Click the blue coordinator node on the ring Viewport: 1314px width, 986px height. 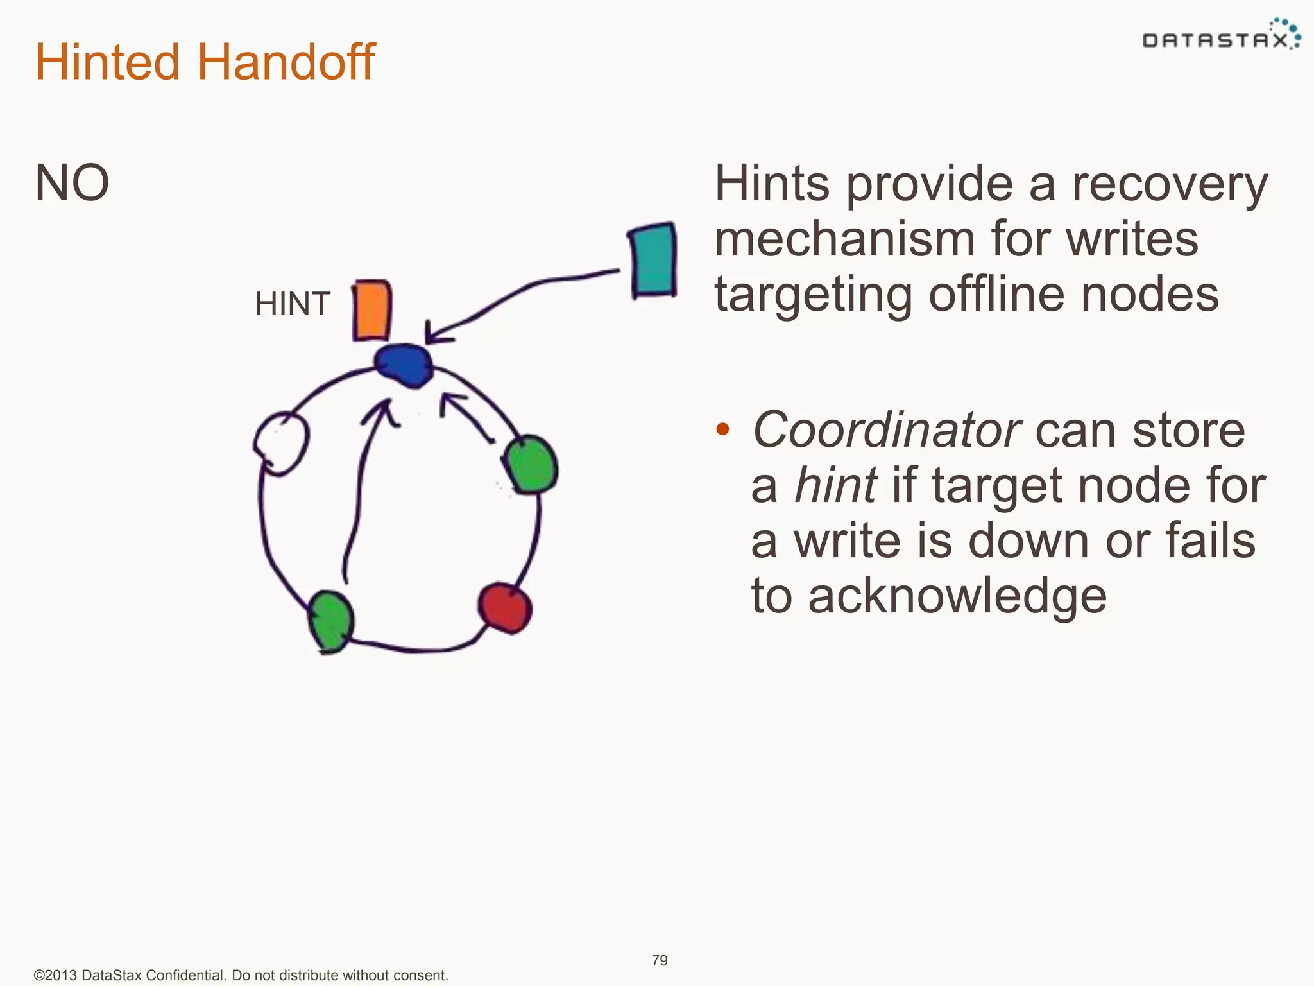tap(403, 365)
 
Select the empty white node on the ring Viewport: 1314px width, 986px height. tap(281, 443)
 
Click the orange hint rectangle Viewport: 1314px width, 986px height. tap(372, 310)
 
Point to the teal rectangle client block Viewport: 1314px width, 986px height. tap(653, 260)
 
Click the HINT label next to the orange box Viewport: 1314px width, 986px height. tap(293, 304)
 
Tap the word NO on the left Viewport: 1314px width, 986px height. tap(72, 183)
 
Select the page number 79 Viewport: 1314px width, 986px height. tap(660, 960)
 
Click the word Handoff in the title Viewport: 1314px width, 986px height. tap(286, 62)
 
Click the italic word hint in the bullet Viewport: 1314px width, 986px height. tap(835, 485)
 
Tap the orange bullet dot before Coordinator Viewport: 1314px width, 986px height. tap(722, 429)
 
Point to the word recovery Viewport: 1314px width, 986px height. tap(1170, 185)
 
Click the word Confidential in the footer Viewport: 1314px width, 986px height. tap(184, 975)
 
